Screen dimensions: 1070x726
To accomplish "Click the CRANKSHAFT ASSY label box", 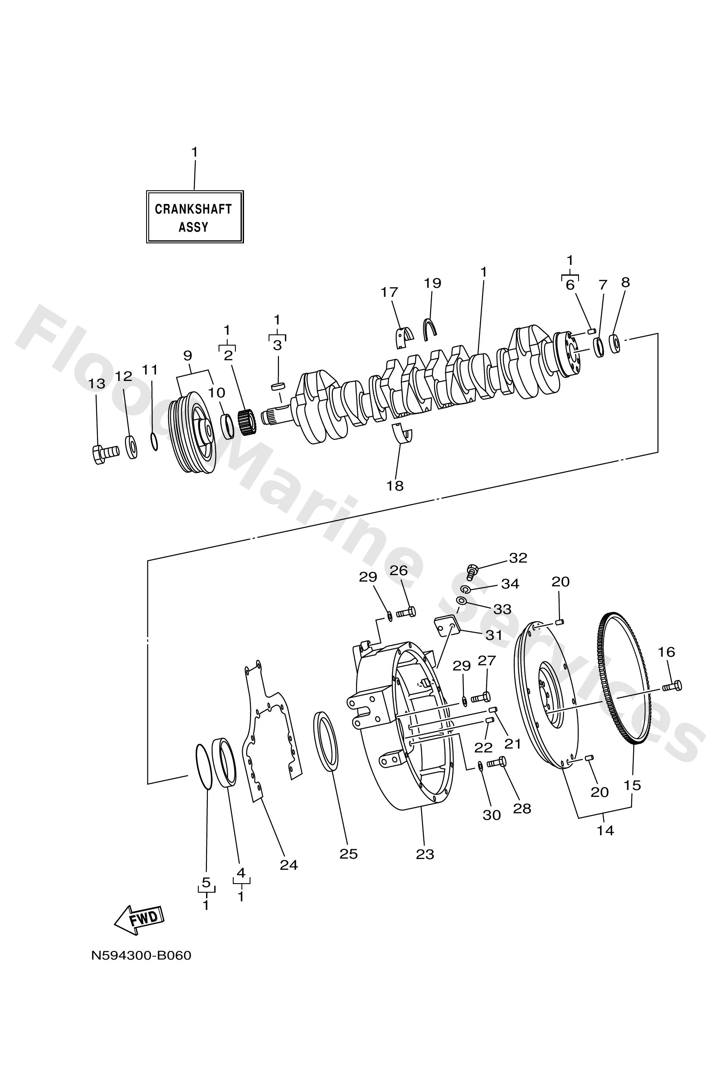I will [x=194, y=217].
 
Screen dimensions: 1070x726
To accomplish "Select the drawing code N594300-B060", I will [x=141, y=956].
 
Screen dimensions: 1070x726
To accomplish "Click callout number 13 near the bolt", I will [x=97, y=384].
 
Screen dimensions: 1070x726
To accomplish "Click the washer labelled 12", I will [x=131, y=446].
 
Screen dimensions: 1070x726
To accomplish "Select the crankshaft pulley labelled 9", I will [x=193, y=433].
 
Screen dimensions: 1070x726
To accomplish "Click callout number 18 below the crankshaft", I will [x=395, y=486].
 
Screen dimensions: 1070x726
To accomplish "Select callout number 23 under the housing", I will [x=425, y=855].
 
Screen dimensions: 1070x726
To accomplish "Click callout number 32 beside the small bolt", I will [x=518, y=558].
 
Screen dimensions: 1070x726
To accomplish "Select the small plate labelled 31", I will [x=446, y=627].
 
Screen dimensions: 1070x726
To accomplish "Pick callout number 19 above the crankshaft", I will [x=432, y=283].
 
